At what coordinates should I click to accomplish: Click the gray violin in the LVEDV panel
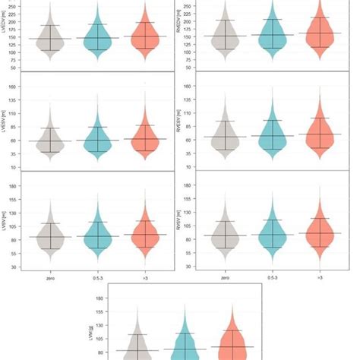tap(50, 39)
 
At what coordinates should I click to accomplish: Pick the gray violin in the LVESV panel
tap(50, 142)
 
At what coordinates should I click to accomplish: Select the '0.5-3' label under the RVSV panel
tap(273, 277)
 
